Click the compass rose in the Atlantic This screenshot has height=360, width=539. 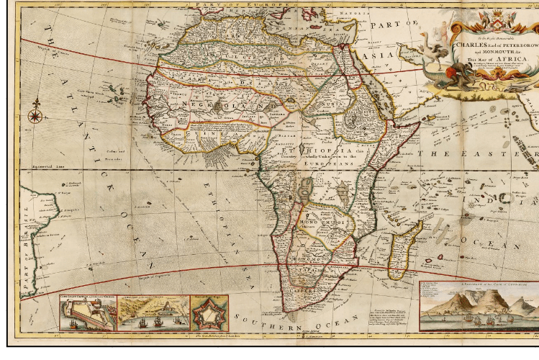(x=35, y=116)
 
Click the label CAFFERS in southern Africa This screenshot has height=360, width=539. (x=301, y=284)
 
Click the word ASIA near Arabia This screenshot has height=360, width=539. (x=375, y=55)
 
